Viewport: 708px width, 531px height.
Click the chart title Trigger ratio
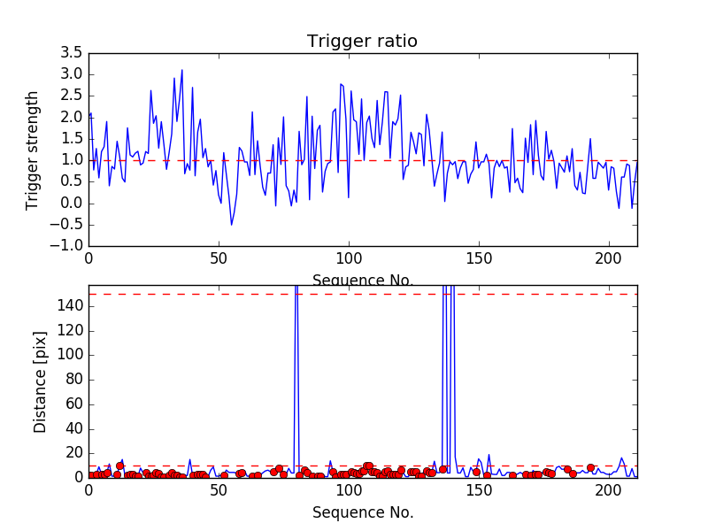point(362,41)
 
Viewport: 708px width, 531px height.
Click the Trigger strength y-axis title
point(33,150)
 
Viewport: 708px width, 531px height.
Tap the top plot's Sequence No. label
point(362,281)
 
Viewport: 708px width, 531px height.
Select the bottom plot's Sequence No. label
point(362,512)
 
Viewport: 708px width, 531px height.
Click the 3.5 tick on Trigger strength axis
point(72,52)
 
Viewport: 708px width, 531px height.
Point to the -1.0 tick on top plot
point(69,246)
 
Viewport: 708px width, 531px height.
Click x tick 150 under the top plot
point(479,259)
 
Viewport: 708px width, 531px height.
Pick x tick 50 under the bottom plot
point(219,490)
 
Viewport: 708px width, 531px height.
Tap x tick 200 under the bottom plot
point(609,490)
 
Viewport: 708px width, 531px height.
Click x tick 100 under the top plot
point(349,259)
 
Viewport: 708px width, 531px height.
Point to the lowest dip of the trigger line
point(232,225)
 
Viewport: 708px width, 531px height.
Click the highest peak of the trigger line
point(182,70)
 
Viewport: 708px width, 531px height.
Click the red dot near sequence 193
point(590,467)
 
